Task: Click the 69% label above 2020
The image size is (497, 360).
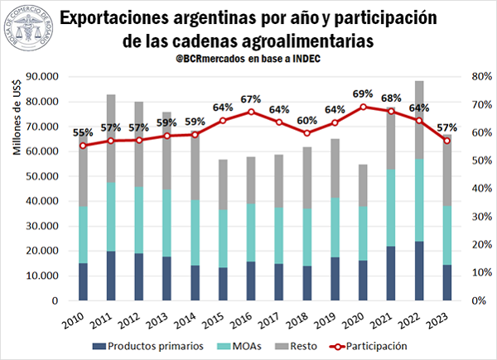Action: point(363,94)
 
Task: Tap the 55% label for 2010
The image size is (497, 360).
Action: point(83,132)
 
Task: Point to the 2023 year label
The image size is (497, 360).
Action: point(446,318)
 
